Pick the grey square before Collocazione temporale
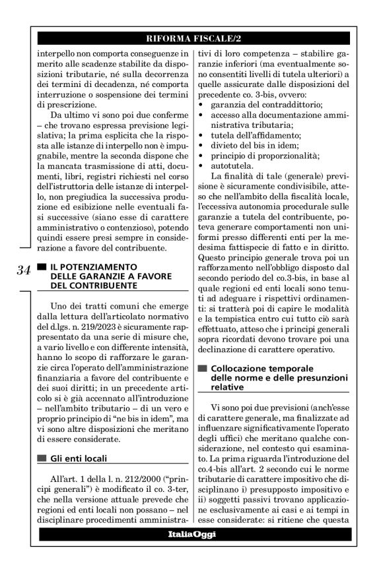click(x=202, y=368)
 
